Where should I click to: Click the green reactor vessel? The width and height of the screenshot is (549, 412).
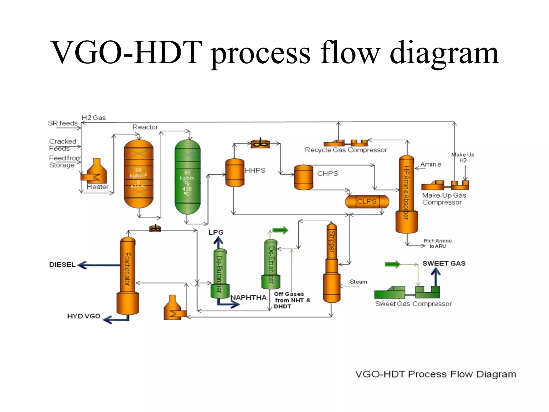pos(187,177)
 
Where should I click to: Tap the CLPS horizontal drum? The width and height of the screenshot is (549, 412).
pos(367,202)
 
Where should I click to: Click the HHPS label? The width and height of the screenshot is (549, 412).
pos(255,171)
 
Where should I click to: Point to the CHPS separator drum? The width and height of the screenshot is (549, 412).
pos(303,177)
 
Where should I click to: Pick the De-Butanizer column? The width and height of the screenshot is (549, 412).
pos(220,274)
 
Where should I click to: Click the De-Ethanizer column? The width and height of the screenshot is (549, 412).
pos(271,264)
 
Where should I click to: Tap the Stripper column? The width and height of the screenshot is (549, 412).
pos(332,263)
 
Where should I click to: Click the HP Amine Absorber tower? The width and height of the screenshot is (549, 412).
pos(406,193)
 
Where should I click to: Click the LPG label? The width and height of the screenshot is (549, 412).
pos(216,233)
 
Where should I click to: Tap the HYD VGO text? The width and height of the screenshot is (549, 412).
pos(84,316)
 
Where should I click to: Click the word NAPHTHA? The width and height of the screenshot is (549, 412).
pos(248,298)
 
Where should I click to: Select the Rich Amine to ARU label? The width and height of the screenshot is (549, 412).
pos(437,244)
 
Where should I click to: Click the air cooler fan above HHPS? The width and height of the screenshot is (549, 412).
pos(260,144)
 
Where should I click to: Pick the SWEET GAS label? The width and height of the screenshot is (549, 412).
pos(444,263)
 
